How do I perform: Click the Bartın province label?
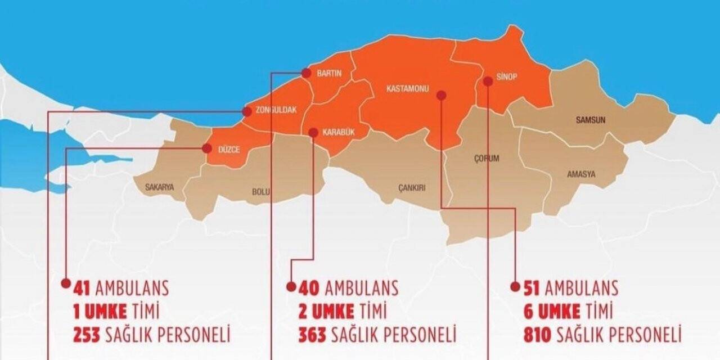coord(330,73)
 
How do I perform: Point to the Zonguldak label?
coord(276,110)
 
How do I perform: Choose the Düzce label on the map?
coord(229,150)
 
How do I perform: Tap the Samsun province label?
coord(591,120)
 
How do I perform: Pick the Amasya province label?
coord(581,174)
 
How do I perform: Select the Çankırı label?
coord(412,188)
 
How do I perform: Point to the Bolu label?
coord(261,192)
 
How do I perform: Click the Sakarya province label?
coord(160,187)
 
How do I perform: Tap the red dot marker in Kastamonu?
coord(442,96)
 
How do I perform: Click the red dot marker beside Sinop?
coord(488,81)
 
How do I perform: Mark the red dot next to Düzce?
coord(206,148)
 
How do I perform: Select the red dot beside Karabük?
coord(313,132)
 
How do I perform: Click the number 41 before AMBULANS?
coord(83,289)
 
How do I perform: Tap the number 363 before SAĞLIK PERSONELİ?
coord(312,335)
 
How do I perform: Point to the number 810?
coord(537,335)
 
